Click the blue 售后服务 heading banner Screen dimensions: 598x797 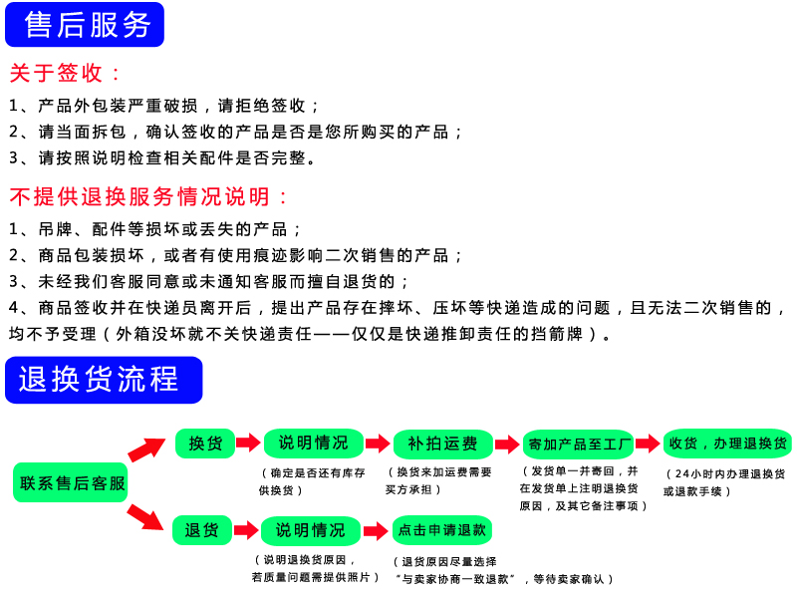tap(85, 25)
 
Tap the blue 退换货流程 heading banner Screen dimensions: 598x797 tap(104, 380)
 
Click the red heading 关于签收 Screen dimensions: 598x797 tap(66, 73)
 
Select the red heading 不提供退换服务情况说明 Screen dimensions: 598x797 tap(149, 195)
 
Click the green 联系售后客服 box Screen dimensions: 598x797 tap(72, 482)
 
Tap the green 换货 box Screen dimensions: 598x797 tap(205, 444)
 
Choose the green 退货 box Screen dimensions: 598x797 tap(202, 530)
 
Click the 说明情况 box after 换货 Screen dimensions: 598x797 tap(313, 444)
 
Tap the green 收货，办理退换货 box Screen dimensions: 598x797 tap(727, 444)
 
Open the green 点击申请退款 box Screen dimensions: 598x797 tap(442, 530)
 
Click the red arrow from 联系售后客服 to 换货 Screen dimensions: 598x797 tap(147, 450)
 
